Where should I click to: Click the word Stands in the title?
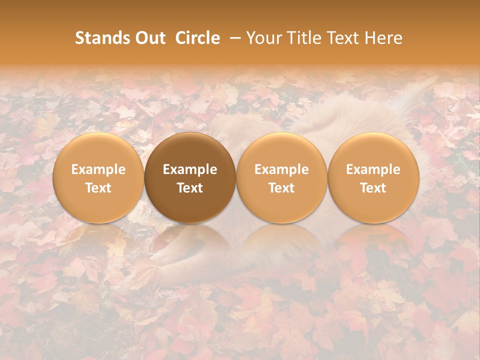pyautogui.click(x=101, y=38)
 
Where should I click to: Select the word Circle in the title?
pyautogui.click(x=197, y=38)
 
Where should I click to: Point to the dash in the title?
pyautogui.click(x=233, y=38)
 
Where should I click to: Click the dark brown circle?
pyautogui.click(x=190, y=178)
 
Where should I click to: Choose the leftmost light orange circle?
pyautogui.click(x=98, y=178)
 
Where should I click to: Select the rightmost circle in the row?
pyautogui.click(x=373, y=178)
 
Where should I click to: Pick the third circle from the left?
pyautogui.click(x=281, y=178)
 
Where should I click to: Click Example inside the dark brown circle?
pyautogui.click(x=190, y=169)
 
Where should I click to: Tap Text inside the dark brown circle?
pyautogui.click(x=190, y=188)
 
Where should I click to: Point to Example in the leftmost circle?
pyautogui.click(x=98, y=169)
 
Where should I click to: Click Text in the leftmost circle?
pyautogui.click(x=98, y=188)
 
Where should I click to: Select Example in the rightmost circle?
pyautogui.click(x=373, y=169)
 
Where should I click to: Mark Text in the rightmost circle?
pyautogui.click(x=373, y=188)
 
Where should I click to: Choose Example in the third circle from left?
pyautogui.click(x=281, y=169)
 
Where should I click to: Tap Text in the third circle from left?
pyautogui.click(x=281, y=188)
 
